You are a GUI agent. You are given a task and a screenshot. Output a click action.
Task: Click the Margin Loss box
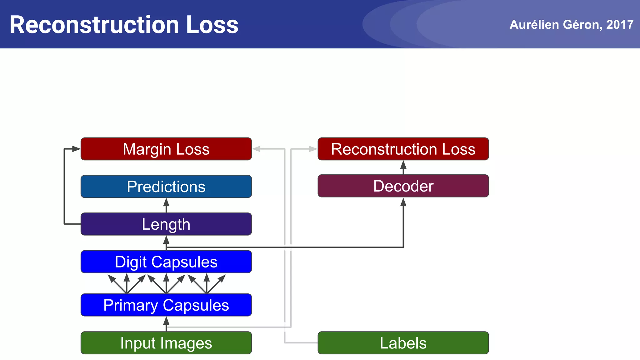click(166, 149)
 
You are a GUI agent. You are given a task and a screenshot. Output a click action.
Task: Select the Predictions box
click(166, 187)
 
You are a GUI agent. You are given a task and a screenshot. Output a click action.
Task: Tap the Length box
click(166, 224)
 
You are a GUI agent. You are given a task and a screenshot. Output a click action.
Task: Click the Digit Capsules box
click(166, 262)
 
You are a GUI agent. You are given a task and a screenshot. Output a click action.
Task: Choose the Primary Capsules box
click(166, 305)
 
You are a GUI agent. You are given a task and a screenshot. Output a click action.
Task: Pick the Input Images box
click(166, 343)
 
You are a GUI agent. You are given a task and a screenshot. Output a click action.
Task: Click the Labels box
click(403, 343)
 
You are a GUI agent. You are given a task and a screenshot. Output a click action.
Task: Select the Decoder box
click(403, 186)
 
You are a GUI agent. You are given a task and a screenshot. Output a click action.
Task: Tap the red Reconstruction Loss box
click(403, 149)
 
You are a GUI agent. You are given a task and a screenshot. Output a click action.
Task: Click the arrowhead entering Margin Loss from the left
click(76, 149)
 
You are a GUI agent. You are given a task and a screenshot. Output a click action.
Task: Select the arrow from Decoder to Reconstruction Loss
click(403, 167)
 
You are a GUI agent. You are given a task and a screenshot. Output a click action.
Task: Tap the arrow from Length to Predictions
click(166, 205)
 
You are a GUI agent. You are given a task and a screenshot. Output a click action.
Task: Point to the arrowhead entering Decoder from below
click(403, 202)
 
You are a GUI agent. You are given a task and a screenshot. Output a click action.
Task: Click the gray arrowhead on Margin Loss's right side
click(257, 149)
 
